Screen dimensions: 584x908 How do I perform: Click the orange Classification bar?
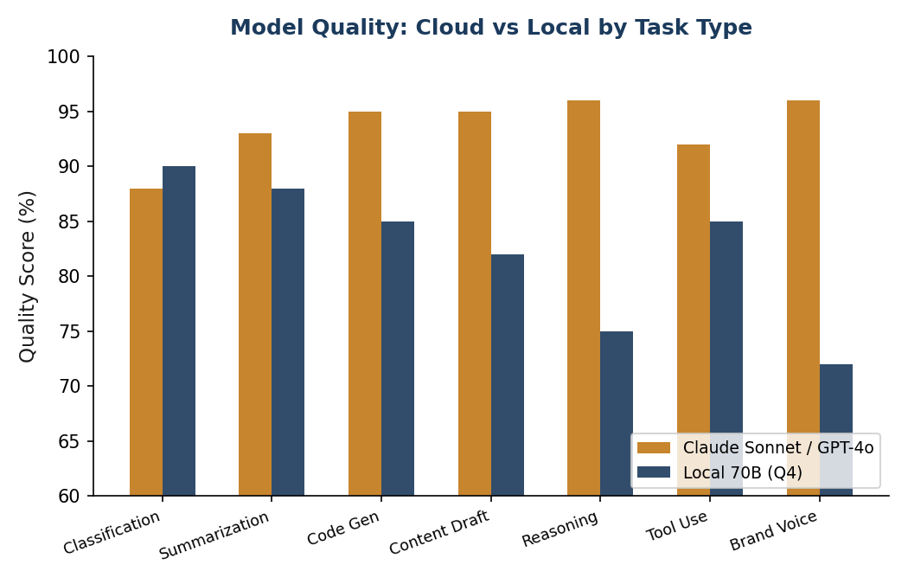pos(146,342)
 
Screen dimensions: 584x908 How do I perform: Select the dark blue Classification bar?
pos(179,331)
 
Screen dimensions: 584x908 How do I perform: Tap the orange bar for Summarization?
pos(255,314)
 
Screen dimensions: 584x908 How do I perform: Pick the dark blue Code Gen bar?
pos(398,358)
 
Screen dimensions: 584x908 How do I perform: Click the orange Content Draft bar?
pos(475,304)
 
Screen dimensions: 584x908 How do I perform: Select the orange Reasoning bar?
pos(584,298)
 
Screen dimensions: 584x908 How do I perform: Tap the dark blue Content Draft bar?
pos(508,375)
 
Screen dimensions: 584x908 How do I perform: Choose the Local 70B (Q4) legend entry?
pos(742,472)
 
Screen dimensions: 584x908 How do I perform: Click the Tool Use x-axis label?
pos(677,526)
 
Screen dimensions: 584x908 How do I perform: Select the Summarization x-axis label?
pos(214,536)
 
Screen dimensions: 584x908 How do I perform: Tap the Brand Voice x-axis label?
pos(774,530)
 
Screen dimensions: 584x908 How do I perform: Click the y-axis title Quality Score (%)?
pos(28,276)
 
